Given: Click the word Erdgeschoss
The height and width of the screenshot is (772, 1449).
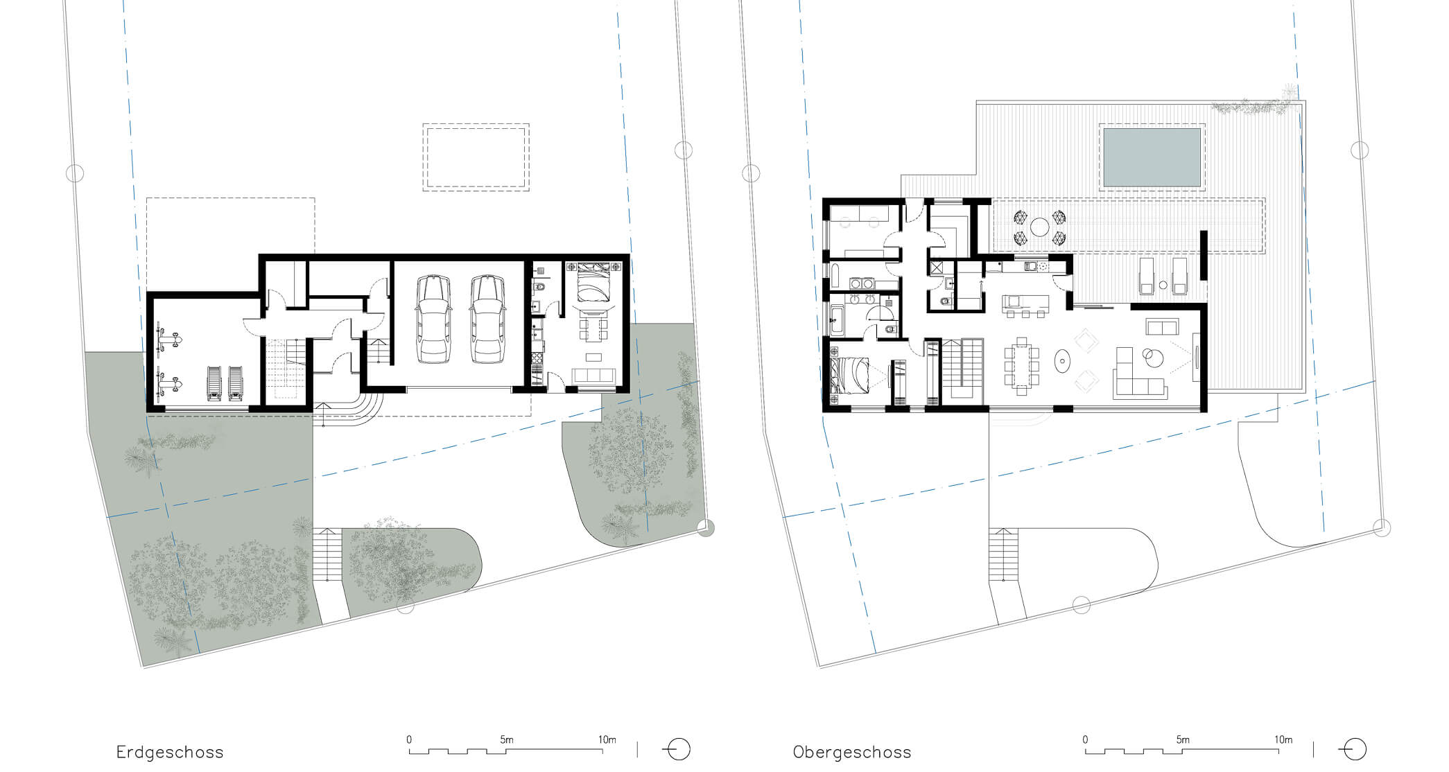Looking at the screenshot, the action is click(x=170, y=752).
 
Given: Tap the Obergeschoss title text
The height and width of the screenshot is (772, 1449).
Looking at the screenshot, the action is click(x=852, y=752).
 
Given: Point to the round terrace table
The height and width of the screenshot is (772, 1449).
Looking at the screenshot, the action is click(x=1039, y=227).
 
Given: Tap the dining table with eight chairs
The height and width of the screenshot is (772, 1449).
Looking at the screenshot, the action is click(x=1022, y=365).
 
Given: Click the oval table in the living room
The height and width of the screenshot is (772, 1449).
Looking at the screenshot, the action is click(x=1061, y=360).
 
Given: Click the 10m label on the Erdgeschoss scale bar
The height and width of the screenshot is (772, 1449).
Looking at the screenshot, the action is click(x=607, y=739).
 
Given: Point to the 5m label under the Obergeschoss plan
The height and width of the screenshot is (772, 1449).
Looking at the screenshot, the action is click(x=1183, y=739).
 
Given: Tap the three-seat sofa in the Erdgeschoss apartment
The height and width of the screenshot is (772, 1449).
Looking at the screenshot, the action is click(x=593, y=375).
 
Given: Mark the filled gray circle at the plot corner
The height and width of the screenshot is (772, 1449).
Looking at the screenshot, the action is click(x=706, y=528).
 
